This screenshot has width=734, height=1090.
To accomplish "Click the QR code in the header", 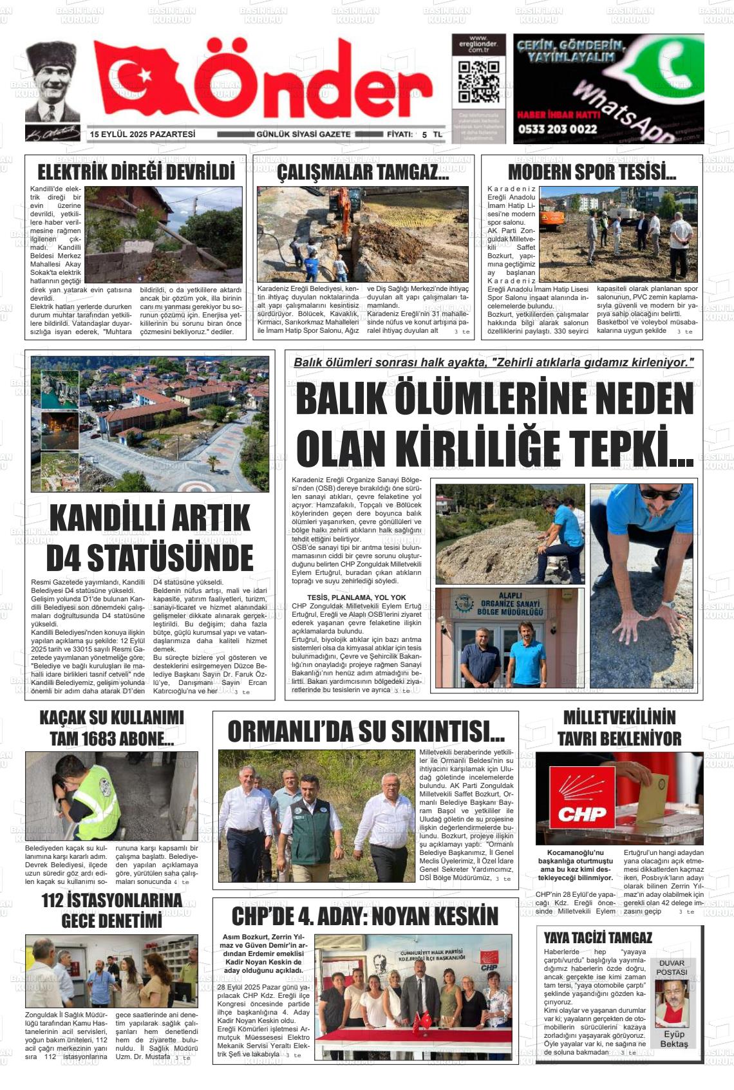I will point(478,82).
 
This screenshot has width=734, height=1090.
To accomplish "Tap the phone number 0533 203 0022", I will point(557,129).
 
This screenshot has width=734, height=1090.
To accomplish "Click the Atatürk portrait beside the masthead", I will point(52,84).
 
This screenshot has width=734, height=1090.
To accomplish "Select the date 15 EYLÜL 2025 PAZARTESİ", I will point(142,135).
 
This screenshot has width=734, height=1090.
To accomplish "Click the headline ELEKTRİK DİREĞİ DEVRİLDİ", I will point(136,173).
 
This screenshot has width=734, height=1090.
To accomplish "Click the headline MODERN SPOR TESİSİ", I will point(591,173).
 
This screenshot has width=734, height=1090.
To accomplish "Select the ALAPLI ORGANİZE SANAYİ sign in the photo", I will point(509,604).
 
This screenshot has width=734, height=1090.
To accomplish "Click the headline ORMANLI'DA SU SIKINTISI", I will point(366,731).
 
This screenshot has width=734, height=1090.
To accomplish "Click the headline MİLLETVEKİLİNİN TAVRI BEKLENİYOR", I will point(619,728).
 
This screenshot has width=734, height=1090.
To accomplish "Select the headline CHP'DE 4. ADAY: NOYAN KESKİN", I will point(365,916).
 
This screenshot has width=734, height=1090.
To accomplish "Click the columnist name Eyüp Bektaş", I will point(674,1039).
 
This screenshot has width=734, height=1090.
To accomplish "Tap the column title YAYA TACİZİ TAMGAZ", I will point(598,937).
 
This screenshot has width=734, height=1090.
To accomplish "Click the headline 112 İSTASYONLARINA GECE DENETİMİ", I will point(112,910).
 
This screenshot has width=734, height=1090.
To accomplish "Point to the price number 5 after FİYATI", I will point(424,135).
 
